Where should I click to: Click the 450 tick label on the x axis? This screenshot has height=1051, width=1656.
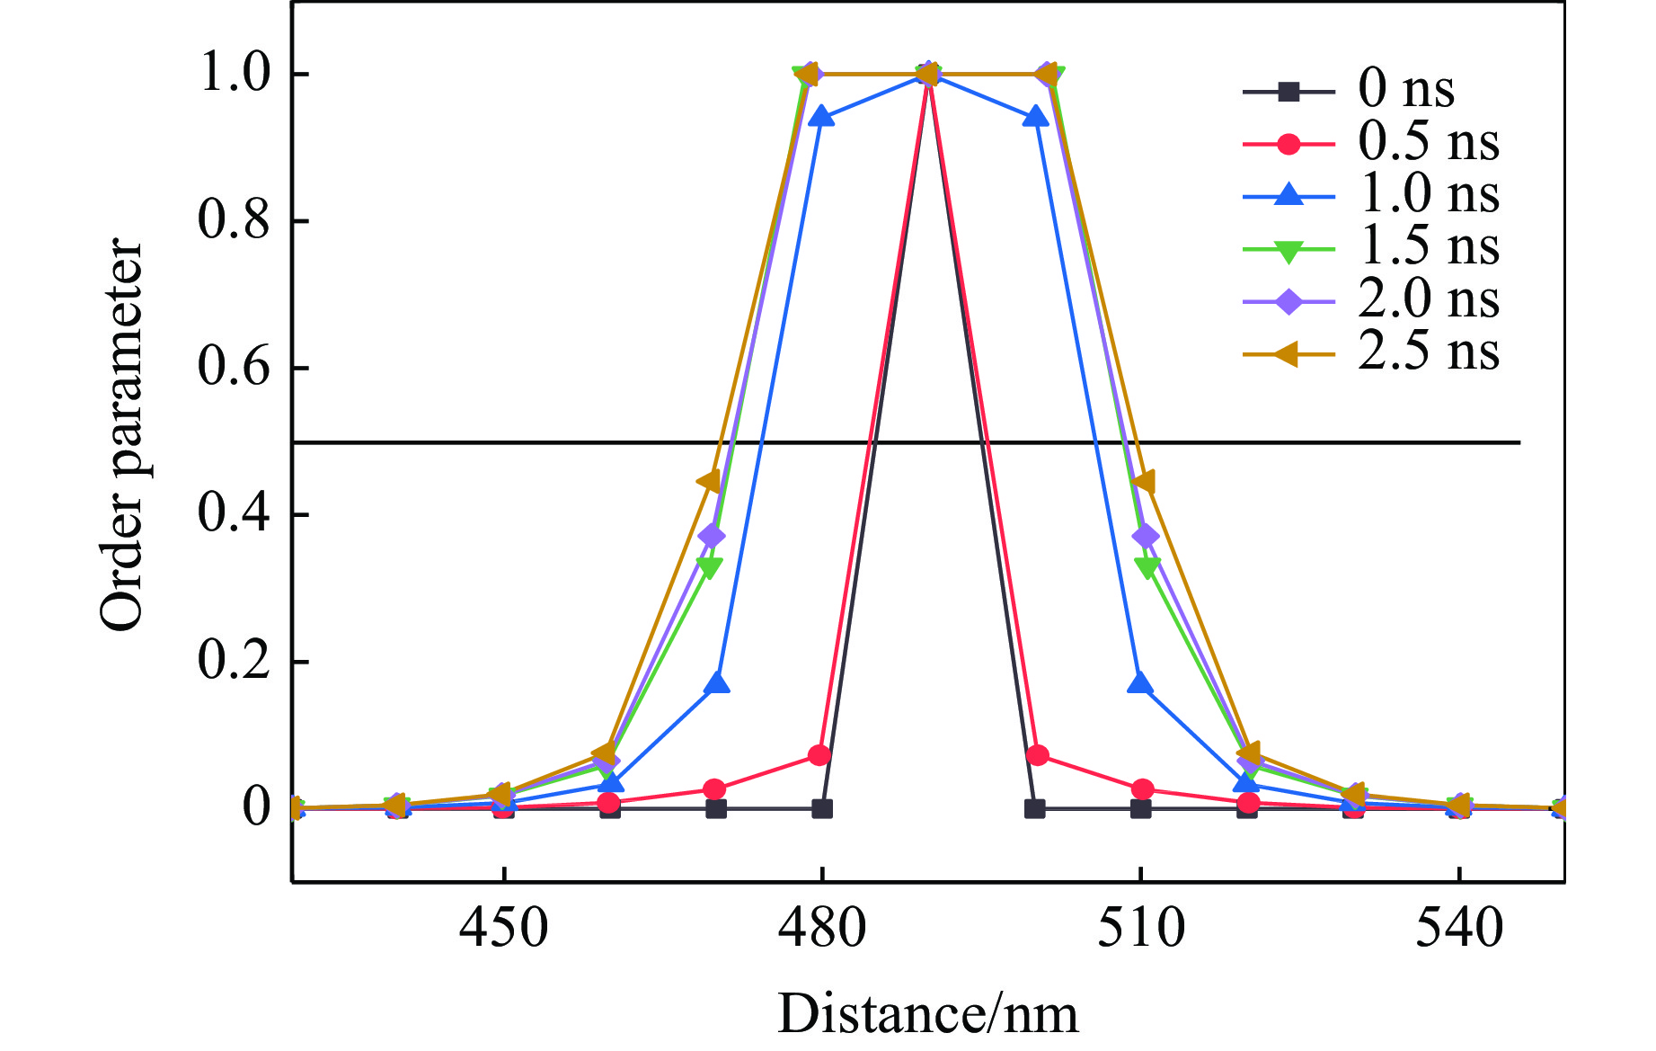coord(503,928)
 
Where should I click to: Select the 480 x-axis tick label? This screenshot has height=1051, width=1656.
coord(821,928)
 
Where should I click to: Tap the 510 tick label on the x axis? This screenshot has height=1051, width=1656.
coord(1140,928)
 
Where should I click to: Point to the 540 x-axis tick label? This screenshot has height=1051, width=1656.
coord(1459,928)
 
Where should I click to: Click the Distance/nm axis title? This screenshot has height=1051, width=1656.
coord(927,1014)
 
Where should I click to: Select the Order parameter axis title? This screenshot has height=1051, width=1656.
coord(122,437)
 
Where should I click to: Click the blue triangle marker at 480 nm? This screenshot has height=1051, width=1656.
coord(821,117)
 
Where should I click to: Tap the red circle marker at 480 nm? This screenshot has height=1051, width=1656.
coord(819,755)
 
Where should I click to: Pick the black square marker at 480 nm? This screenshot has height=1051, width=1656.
coord(821,809)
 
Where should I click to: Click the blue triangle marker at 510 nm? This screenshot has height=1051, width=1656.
coord(1140,683)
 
